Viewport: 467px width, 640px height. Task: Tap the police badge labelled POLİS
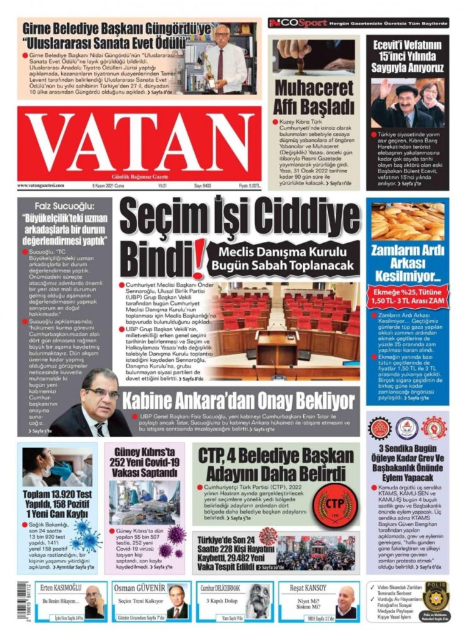(435, 596)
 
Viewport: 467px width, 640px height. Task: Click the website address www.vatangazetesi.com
(41, 186)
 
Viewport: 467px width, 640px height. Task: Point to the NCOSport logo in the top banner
(298, 23)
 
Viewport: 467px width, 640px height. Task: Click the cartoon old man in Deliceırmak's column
(256, 602)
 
